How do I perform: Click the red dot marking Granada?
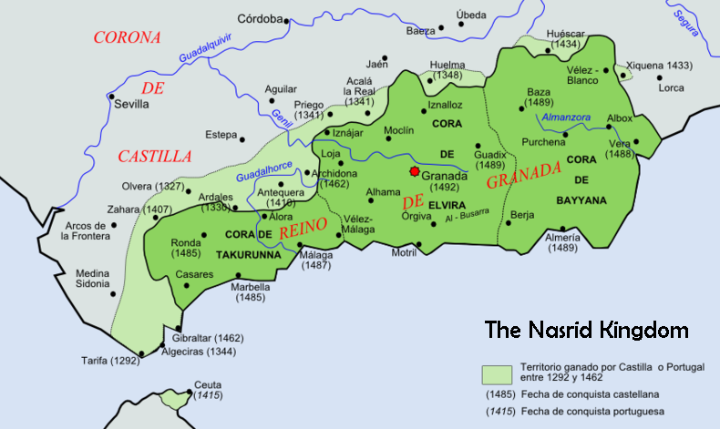(415, 171)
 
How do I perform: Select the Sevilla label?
(131, 105)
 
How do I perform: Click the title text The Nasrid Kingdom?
(586, 329)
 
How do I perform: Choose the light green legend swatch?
(496, 373)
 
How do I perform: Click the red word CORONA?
(128, 37)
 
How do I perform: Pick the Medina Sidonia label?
(91, 278)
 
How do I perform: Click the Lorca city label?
(671, 88)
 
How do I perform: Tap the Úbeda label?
(471, 15)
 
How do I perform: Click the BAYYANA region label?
(581, 199)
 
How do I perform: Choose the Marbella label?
(251, 291)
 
